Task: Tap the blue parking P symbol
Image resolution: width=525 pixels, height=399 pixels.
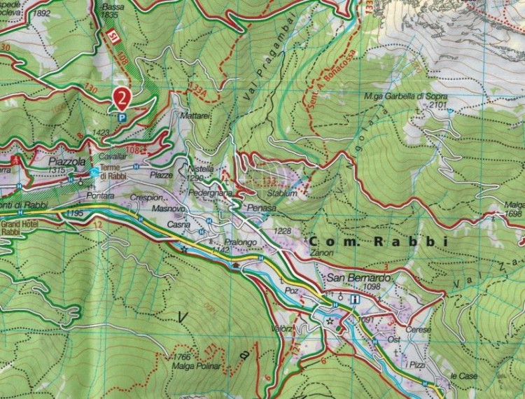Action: [122, 118]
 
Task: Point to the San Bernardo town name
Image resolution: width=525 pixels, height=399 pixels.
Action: [358, 277]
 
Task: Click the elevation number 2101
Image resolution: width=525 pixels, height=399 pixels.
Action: [438, 105]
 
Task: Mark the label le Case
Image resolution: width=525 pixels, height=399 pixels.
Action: [463, 376]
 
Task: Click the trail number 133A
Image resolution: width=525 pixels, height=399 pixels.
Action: [198, 87]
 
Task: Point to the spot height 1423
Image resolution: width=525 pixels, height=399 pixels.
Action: [101, 132]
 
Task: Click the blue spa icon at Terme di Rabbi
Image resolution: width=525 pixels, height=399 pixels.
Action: [94, 171]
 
